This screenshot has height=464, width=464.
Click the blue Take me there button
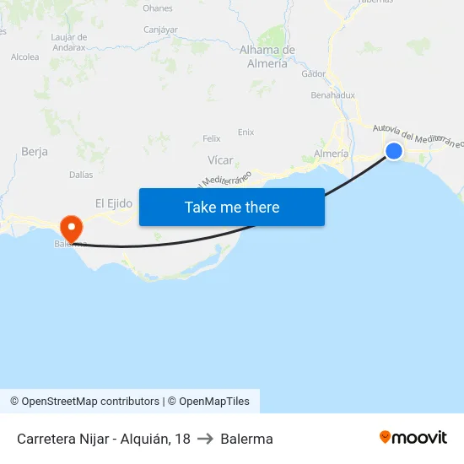coord(231,207)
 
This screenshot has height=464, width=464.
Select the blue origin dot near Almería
coord(393,151)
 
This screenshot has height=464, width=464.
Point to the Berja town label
coord(34,152)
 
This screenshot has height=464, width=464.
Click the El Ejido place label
coord(114,203)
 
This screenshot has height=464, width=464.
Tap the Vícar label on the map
coord(220,160)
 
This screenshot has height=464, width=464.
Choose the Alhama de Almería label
coord(267,57)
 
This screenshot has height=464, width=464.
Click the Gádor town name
coord(313,74)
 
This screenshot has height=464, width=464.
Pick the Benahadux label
coord(332,95)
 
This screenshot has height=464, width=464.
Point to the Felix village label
coord(212,138)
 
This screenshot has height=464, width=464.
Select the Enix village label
coord(245,132)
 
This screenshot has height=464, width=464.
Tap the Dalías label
coord(81,175)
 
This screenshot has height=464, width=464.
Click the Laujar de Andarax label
coord(68,42)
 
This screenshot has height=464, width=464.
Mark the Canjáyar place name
coord(160,30)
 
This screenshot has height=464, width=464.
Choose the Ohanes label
coord(158,8)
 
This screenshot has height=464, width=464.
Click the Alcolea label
coord(24,57)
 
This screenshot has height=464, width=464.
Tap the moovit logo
coord(413,438)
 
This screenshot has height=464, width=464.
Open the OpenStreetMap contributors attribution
coord(84,402)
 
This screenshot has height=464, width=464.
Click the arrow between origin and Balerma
coord(205,439)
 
